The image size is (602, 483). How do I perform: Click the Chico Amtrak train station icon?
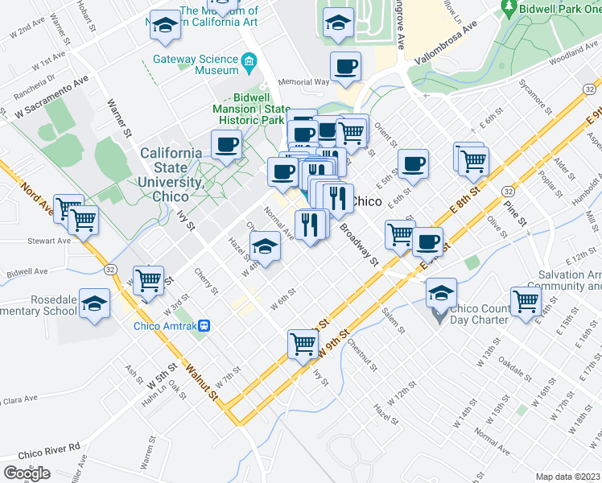click(x=205, y=326)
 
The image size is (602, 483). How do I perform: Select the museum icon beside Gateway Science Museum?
click(x=249, y=60)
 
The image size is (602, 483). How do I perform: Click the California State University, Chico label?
click(x=171, y=175)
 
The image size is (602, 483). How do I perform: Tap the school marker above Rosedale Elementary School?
click(x=95, y=304)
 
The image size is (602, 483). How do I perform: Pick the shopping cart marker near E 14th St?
click(x=526, y=302)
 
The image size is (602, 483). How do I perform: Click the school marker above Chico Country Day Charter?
click(x=441, y=292)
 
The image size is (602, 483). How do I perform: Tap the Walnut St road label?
click(x=200, y=382)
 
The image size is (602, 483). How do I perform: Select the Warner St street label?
click(x=118, y=118)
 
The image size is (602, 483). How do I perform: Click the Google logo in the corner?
click(x=27, y=473)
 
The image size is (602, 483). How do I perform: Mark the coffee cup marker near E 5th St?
click(x=414, y=163)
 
